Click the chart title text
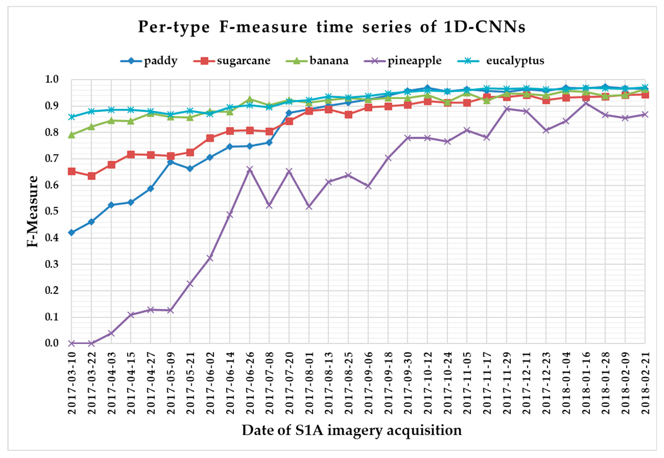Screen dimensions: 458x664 coord(332,27)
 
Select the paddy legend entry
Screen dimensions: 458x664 coord(149,61)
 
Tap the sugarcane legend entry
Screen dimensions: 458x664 coord(232,61)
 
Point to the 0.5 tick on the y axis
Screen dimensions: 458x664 coord(52,211)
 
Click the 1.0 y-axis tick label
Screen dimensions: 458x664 coord(52,80)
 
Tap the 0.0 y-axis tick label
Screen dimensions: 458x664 coord(52,343)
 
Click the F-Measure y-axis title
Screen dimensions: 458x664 coord(33,211)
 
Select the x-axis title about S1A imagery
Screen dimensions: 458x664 coord(352,430)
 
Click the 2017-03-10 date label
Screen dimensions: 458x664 coord(72,383)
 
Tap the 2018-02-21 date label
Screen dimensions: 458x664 coord(645,383)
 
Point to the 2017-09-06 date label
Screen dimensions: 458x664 coord(369,383)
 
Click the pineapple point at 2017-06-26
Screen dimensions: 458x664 coord(249,169)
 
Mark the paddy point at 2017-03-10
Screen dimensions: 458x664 coord(72,233)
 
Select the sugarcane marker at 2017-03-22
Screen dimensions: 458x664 coord(92,176)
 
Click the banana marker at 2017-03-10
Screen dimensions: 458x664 coord(72,135)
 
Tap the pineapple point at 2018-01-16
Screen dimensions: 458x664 coord(586,103)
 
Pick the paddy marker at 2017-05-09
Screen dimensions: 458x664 coord(171,162)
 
